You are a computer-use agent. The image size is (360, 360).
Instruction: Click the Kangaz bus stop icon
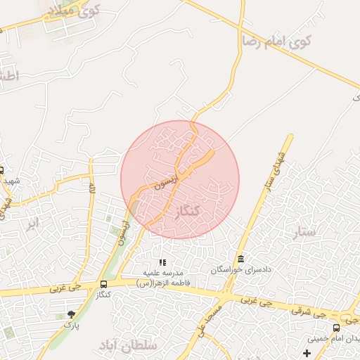tap(104, 284)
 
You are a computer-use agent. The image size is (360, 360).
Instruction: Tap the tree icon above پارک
tap(70, 314)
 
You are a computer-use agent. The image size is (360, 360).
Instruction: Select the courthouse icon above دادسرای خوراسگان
tap(241, 259)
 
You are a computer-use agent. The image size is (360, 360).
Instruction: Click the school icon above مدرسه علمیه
tap(163, 262)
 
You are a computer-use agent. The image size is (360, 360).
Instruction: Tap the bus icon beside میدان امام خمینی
tap(336, 328)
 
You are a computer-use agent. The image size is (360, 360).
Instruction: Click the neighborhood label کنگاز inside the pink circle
tap(188, 212)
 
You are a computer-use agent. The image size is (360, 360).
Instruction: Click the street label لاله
tap(91, 188)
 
